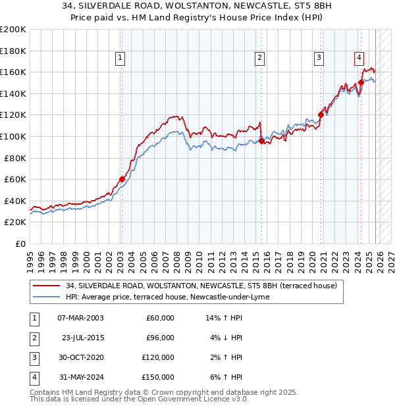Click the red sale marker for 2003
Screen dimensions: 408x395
122,179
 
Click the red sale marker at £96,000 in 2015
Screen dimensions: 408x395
261,141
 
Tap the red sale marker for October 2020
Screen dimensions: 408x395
321,115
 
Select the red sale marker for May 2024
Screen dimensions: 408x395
361,83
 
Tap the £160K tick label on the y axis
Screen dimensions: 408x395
13,72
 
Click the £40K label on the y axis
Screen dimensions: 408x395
15,201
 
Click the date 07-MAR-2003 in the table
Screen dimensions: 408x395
80,318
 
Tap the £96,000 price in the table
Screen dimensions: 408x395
160,338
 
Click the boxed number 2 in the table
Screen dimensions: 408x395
33,338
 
